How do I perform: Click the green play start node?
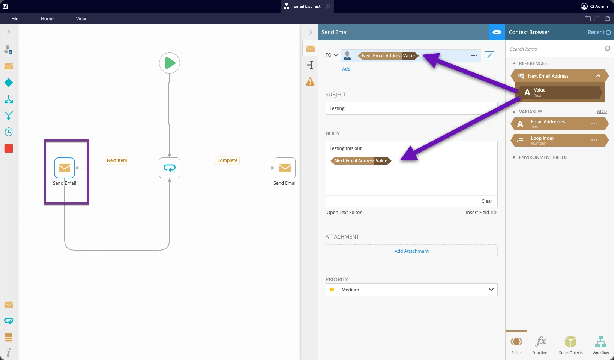click(x=170, y=63)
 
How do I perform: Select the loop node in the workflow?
click(x=170, y=168)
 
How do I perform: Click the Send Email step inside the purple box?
click(x=65, y=168)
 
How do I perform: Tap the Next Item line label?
click(x=117, y=160)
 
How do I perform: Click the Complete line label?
click(x=227, y=160)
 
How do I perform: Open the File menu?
click(x=15, y=18)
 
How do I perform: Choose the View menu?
click(x=81, y=18)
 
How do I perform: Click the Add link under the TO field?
click(x=346, y=69)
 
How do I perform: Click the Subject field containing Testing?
click(x=411, y=108)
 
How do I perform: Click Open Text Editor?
click(x=344, y=212)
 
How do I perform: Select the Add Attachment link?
click(x=411, y=251)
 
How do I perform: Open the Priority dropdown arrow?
click(x=491, y=289)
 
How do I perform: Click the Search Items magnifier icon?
click(x=607, y=49)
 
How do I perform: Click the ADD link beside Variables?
click(x=602, y=111)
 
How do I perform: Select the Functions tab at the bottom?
click(x=540, y=345)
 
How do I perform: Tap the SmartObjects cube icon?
click(x=571, y=342)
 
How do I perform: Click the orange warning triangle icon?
click(x=310, y=81)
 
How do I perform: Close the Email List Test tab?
click(x=328, y=6)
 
